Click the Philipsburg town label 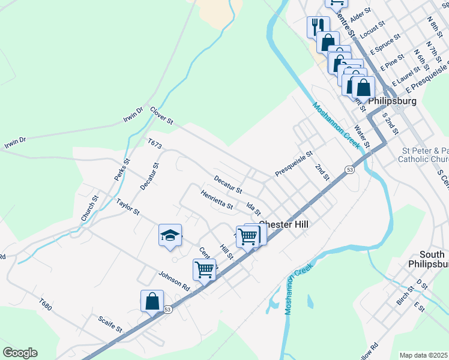(392, 101)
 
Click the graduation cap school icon (170, 235)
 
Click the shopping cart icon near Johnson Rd (204, 269)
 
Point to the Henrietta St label (217, 200)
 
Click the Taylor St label (128, 208)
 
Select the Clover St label (161, 116)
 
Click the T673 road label (155, 144)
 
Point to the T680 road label (46, 305)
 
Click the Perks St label (122, 169)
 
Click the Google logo (20, 353)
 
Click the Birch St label (402, 296)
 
